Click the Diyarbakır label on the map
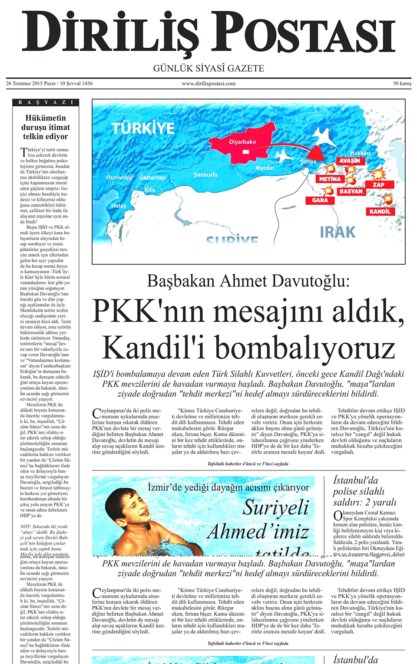pyautogui.click(x=243, y=142)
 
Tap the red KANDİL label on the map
pyautogui.click(x=380, y=211)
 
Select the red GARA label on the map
pyautogui.click(x=320, y=200)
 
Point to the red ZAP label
pyautogui.click(x=378, y=184)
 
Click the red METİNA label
pyautogui.click(x=330, y=179)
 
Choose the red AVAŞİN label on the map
pyautogui.click(x=350, y=161)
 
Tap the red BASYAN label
pyautogui.click(x=351, y=191)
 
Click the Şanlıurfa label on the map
pyautogui.click(x=206, y=174)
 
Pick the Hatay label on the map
pyautogui.click(x=119, y=206)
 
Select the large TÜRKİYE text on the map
pyautogui.click(x=143, y=128)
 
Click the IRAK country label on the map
pyautogui.click(x=338, y=233)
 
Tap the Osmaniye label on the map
pyautogui.click(x=119, y=178)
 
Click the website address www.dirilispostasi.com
pyautogui.click(x=208, y=83)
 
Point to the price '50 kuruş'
pyautogui.click(x=402, y=83)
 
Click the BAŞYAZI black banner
pyautogui.click(x=46, y=102)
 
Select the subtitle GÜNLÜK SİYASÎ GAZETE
pyautogui.click(x=208, y=68)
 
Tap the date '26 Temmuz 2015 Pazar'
pyautogui.click(x=31, y=83)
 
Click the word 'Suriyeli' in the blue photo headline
pyautogui.click(x=275, y=508)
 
